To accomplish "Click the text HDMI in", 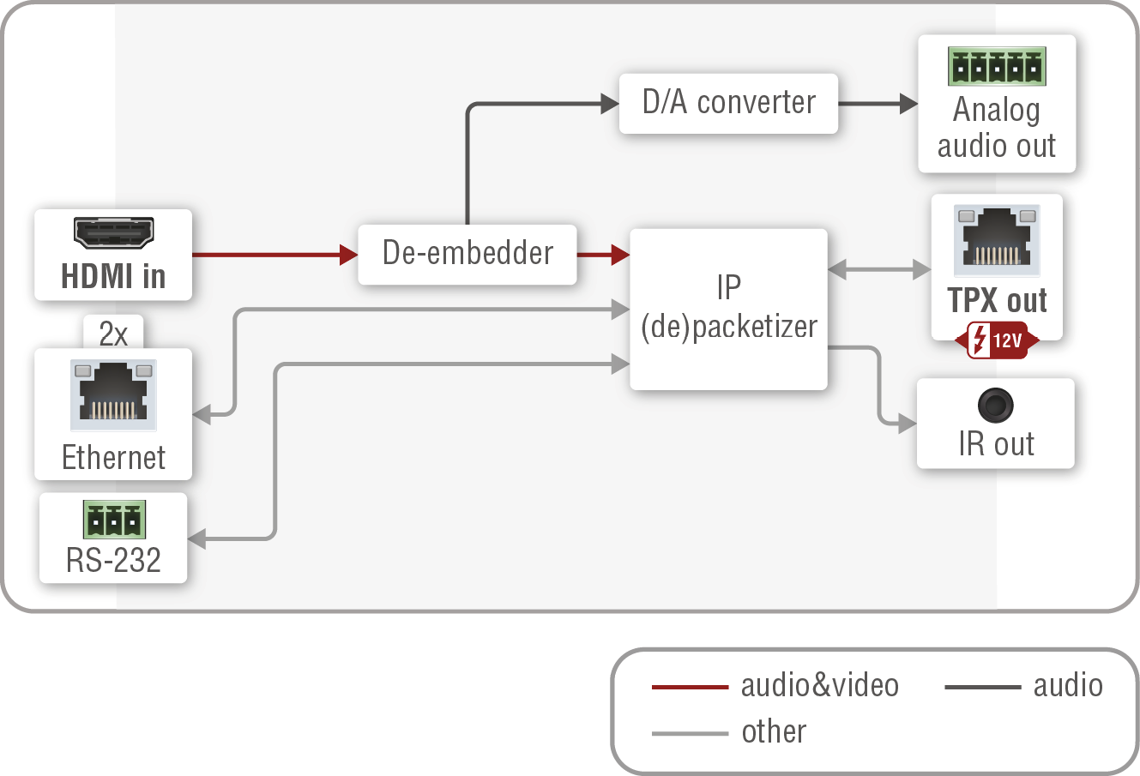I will point(113,277).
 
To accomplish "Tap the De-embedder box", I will point(467,254).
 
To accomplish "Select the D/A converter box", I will point(728,103).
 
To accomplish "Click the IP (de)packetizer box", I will point(728,309).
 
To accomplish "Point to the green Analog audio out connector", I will point(996,67).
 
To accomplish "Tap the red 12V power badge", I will point(997,340).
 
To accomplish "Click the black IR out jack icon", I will point(995,405).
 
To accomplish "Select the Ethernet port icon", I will point(113,395).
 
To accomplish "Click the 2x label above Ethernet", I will point(113,334).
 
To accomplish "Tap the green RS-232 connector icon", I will point(113,520).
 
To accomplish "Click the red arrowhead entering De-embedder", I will point(348,255).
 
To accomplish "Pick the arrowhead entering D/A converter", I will point(610,104).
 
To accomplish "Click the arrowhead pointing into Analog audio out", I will point(908,104).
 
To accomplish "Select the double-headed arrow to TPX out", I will point(879,270).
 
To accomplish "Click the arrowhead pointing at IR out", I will point(907,423).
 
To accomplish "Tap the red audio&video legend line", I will point(690,687).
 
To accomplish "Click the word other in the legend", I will point(774,732).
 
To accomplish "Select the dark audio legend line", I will point(982,687).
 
